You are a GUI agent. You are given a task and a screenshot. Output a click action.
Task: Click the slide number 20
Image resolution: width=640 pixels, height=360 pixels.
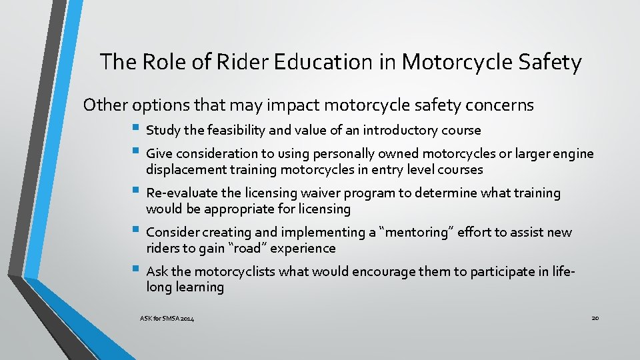point(595,318)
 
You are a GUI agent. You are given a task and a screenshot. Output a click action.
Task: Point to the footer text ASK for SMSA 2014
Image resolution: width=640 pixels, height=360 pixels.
point(167,320)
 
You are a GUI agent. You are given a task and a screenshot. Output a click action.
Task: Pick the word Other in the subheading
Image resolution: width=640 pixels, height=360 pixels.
point(105,105)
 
